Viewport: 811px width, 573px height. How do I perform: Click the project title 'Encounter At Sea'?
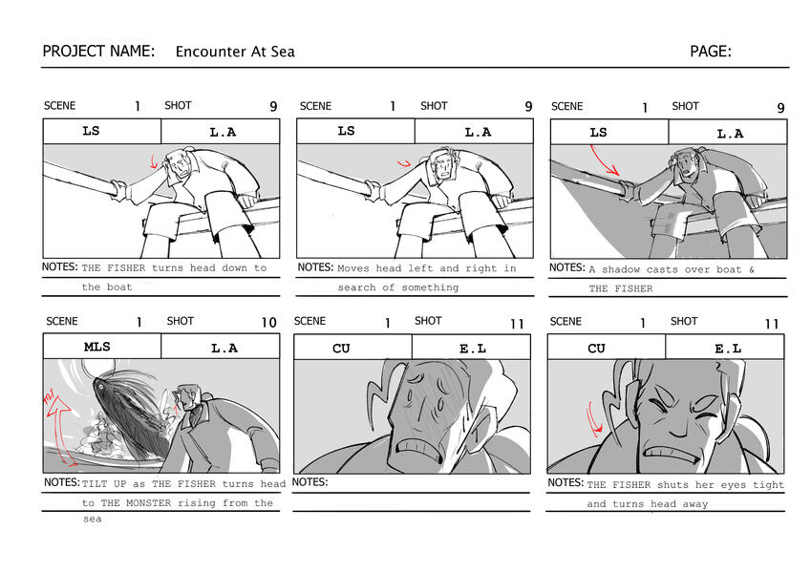(235, 52)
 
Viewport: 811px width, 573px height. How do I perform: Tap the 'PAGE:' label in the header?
(711, 52)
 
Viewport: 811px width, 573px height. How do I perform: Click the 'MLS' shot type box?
(102, 347)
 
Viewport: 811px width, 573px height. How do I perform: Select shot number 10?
(269, 323)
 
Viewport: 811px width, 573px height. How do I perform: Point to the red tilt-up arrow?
(58, 429)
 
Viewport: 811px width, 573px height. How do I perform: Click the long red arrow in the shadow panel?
(603, 160)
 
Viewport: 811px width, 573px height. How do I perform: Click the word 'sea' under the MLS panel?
(92, 520)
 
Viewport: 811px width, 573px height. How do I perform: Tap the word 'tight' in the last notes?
(768, 485)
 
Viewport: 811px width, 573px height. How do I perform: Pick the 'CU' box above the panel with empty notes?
(352, 348)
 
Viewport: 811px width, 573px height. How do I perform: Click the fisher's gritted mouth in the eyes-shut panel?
(671, 452)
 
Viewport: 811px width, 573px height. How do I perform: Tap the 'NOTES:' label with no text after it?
(309, 482)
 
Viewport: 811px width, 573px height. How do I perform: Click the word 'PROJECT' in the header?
(71, 52)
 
